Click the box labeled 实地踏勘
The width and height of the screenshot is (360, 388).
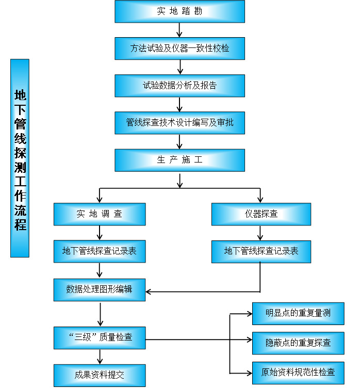[179, 11]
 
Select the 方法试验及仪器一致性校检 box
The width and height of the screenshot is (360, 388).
[179, 48]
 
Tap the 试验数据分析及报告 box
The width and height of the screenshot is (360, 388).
[179, 86]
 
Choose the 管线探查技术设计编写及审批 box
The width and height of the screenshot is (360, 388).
[179, 123]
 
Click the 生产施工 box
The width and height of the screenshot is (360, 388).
[179, 160]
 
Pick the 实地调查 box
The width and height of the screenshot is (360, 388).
[100, 214]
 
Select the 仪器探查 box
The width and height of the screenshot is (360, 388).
[261, 214]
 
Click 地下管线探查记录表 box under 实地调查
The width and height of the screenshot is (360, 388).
[100, 251]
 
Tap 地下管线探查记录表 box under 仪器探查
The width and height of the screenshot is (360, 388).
[261, 251]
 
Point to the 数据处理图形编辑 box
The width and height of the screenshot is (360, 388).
[100, 289]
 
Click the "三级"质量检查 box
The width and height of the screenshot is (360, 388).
[100, 337]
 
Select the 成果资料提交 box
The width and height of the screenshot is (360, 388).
[100, 375]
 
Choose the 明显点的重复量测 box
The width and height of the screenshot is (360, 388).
[298, 313]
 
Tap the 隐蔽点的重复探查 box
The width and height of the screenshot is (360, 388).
[298, 343]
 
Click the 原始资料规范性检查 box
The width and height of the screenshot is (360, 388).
[298, 372]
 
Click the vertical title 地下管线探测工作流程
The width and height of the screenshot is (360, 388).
[20, 158]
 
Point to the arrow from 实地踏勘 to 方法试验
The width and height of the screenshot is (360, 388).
[179, 30]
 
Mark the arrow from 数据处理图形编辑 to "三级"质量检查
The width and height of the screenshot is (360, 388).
[100, 314]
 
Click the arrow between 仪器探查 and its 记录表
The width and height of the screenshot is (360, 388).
[261, 233]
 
